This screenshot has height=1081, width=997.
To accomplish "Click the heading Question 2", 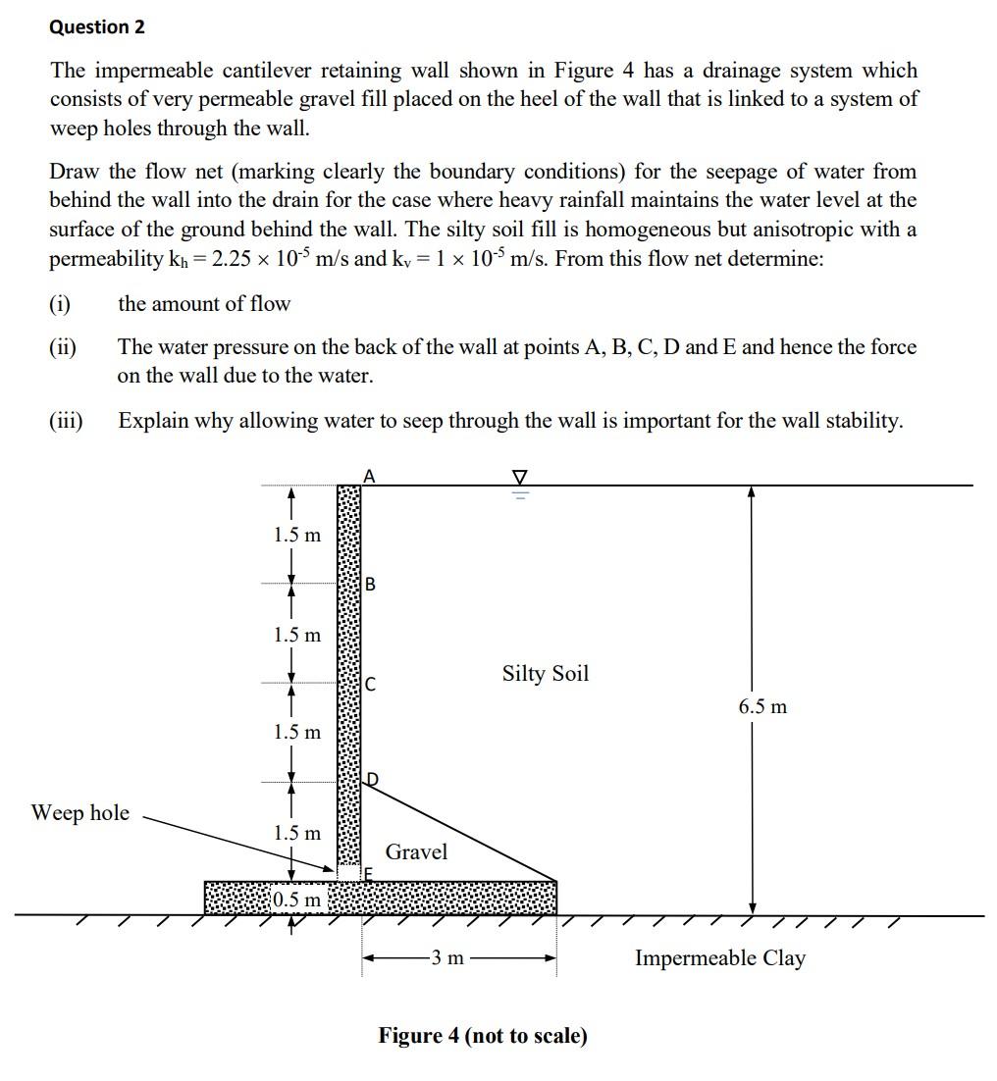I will click(97, 27).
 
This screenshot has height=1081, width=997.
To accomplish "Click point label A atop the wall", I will click(369, 476).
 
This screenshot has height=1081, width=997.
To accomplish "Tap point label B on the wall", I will click(370, 585).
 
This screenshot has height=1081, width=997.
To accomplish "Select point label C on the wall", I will click(370, 685).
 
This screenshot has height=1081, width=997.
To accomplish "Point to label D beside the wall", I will click(372, 780).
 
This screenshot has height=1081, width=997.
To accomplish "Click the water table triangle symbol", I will click(520, 478).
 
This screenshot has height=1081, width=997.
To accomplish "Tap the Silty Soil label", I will click(546, 674).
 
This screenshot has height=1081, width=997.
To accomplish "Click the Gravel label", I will click(416, 851).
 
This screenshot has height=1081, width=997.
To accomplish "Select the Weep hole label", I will click(79, 812).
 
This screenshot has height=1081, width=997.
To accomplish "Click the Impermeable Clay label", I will click(719, 958).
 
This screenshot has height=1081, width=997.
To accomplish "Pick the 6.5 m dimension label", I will click(762, 706).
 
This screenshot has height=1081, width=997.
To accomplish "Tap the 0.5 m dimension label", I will click(296, 900).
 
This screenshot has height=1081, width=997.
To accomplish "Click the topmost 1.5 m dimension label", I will click(296, 536).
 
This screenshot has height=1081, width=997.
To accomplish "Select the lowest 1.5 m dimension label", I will click(296, 833).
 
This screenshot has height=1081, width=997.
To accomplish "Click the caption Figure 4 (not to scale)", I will click(483, 1036).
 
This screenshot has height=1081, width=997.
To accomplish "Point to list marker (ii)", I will click(64, 347).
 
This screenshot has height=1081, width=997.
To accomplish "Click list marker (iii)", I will click(66, 421).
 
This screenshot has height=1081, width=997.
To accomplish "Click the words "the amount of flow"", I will click(204, 304).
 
